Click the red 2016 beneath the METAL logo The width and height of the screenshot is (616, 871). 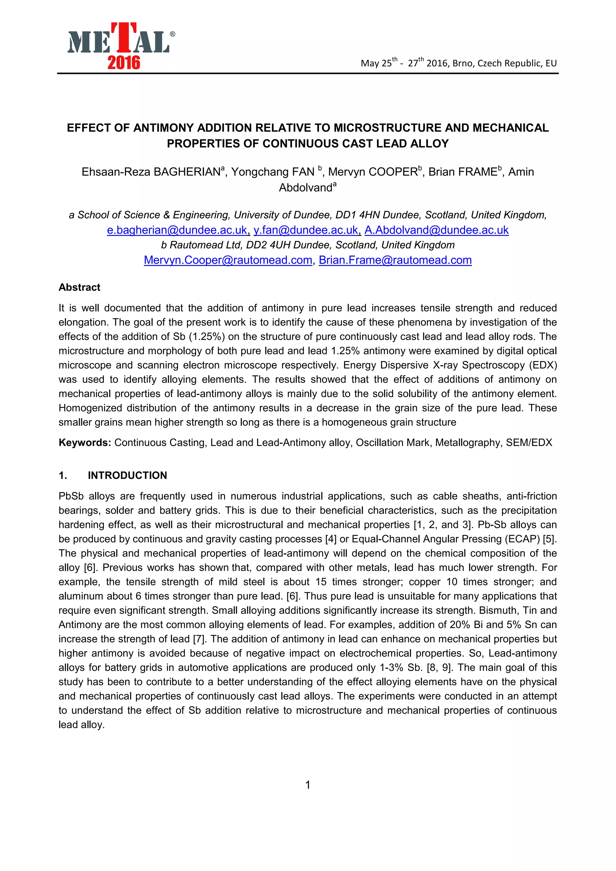point(124,63)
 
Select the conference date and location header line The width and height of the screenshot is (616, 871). point(458,63)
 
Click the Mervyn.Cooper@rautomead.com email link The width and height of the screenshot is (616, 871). point(228,260)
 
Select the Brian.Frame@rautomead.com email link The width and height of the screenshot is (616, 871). point(395,260)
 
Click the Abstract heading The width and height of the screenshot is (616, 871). point(79,287)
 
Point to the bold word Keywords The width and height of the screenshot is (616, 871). point(85,442)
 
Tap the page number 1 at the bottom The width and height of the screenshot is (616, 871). point(308,784)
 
